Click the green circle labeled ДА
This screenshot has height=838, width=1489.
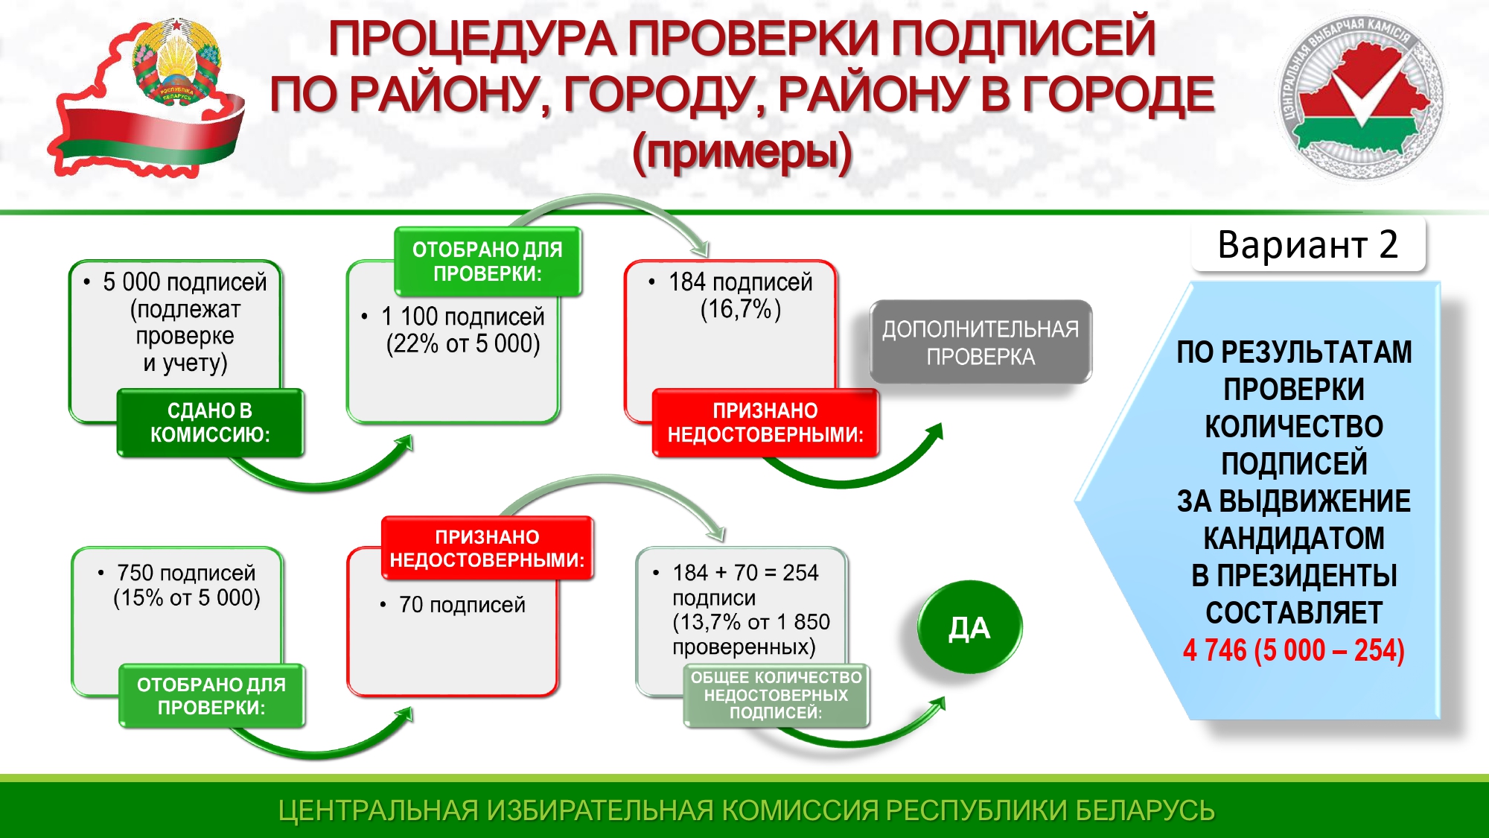[x=969, y=627]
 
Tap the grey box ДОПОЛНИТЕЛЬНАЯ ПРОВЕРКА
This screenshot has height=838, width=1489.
[x=981, y=342]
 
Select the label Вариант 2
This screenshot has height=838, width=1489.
[x=1308, y=244]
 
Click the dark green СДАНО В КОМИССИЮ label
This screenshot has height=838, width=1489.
[x=210, y=422]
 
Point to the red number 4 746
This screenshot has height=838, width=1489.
[x=1214, y=650]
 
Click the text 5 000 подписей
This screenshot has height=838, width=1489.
[x=185, y=282]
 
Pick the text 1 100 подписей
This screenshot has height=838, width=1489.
[x=463, y=317]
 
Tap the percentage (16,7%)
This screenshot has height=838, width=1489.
[x=741, y=308]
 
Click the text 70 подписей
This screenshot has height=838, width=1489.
[x=462, y=604]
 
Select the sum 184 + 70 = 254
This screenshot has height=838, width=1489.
[x=745, y=572]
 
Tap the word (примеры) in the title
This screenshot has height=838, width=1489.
[x=742, y=153]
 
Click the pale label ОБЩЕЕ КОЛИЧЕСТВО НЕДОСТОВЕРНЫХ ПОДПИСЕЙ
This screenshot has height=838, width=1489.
[x=776, y=695]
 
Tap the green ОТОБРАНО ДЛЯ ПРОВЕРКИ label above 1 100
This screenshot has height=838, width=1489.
[x=488, y=261]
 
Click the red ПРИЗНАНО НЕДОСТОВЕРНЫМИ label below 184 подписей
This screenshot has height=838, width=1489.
[x=765, y=422]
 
